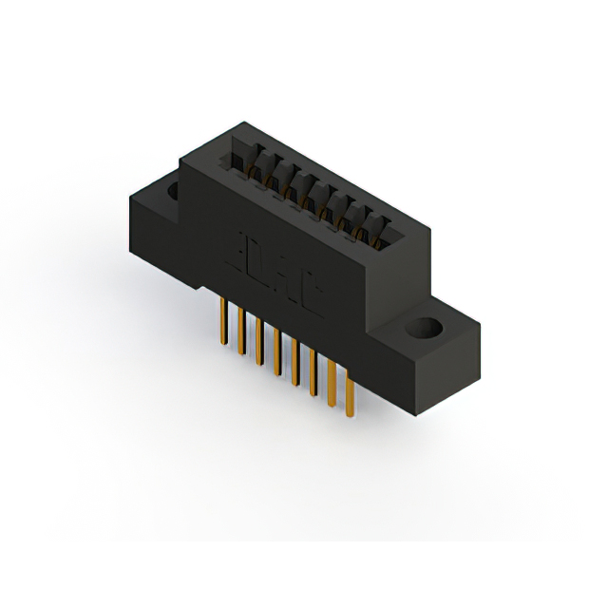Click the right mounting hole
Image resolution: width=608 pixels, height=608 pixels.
[x=424, y=330]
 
